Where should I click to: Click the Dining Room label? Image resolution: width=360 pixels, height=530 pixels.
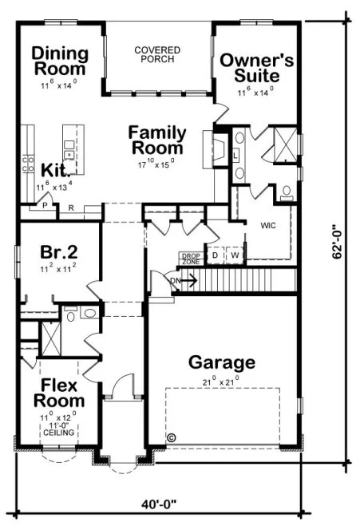[60, 61]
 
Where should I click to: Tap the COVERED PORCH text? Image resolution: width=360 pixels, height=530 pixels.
[156, 54]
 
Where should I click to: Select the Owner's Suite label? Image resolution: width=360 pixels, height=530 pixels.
[255, 68]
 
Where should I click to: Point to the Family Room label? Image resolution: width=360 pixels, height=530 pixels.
[157, 140]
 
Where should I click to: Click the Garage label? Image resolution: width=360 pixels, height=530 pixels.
[222, 363]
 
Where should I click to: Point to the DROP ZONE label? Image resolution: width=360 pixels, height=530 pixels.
[189, 258]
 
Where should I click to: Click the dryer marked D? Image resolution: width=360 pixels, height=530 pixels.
[214, 255]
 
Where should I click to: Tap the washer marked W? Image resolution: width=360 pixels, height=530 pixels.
[235, 255]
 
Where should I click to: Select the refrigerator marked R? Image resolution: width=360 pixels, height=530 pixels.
[71, 208]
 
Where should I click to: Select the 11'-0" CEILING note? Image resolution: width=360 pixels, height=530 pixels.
[60, 429]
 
